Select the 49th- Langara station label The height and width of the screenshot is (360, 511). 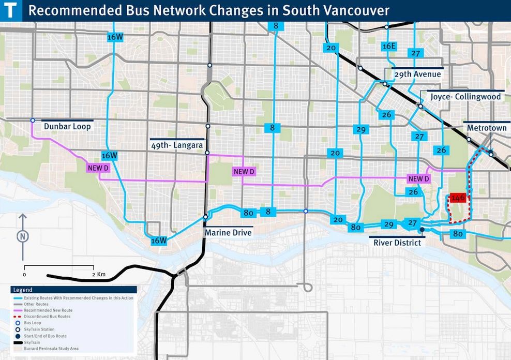177,145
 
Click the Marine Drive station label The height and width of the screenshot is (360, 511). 229,233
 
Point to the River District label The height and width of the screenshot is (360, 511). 397,242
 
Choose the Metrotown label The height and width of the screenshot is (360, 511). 486,127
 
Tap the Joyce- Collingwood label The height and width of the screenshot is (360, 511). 463,97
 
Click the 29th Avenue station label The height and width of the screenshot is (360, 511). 417,74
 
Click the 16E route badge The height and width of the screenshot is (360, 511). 389,47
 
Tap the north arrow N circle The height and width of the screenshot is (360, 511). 22,236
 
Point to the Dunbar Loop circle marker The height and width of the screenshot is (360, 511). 33,121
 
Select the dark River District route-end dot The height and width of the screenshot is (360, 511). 423,230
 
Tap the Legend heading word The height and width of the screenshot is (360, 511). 23,290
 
